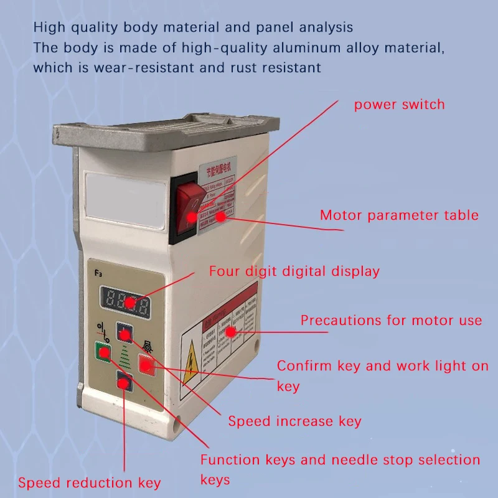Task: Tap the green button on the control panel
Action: (x=101, y=352)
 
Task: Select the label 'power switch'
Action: (x=399, y=104)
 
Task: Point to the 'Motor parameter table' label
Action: (x=399, y=215)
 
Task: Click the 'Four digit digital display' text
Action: (x=294, y=271)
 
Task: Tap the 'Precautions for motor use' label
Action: (x=391, y=321)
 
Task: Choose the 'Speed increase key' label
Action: (x=294, y=421)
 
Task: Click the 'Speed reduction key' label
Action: (x=89, y=483)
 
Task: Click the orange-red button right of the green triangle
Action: (x=146, y=365)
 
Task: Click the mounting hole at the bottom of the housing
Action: (x=179, y=428)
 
